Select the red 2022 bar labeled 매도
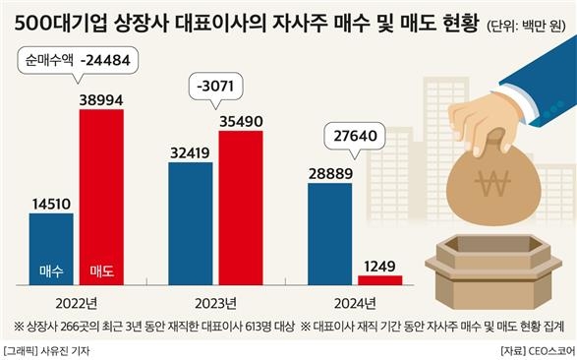[x=101, y=197]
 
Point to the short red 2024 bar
[x=380, y=280]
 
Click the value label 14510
[x=51, y=204]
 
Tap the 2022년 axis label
[x=77, y=301]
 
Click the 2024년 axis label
[x=356, y=301]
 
